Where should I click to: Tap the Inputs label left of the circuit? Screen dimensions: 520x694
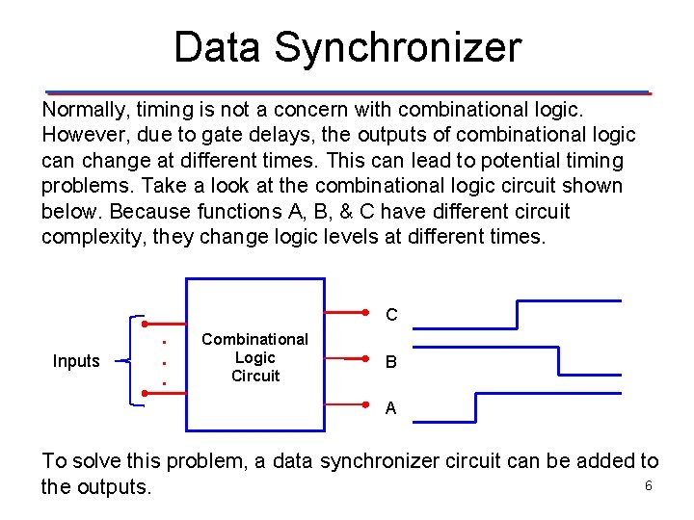click(76, 361)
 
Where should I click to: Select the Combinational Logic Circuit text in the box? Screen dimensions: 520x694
click(254, 357)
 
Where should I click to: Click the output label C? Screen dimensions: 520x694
click(391, 315)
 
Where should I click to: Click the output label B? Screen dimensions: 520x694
click(391, 363)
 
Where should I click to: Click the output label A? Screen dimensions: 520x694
click(390, 408)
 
